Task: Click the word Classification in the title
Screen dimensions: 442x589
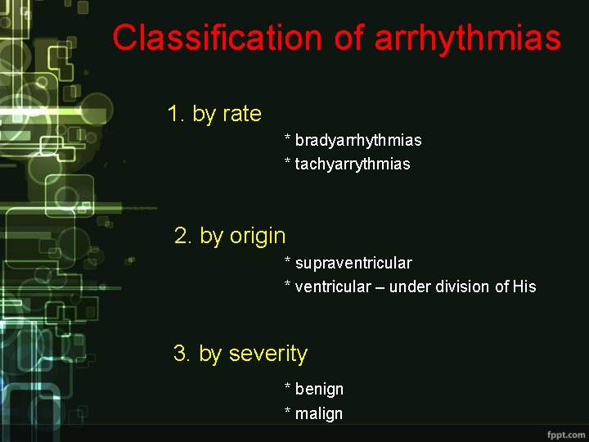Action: (218, 38)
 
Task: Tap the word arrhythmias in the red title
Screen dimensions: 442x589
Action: (468, 38)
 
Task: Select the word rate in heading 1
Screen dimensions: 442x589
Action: (241, 114)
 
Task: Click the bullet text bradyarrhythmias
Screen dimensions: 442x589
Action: (358, 140)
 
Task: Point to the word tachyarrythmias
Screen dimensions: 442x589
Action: (353, 164)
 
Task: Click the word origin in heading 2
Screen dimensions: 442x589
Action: (258, 236)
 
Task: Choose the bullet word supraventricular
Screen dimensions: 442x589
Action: (353, 263)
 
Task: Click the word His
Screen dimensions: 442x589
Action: (524, 286)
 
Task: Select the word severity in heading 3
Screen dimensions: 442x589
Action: (268, 354)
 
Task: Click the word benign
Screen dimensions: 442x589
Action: (319, 389)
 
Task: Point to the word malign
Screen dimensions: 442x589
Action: (319, 413)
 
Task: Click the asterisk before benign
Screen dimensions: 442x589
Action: (287, 387)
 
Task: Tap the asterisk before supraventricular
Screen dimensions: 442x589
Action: (287, 261)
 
